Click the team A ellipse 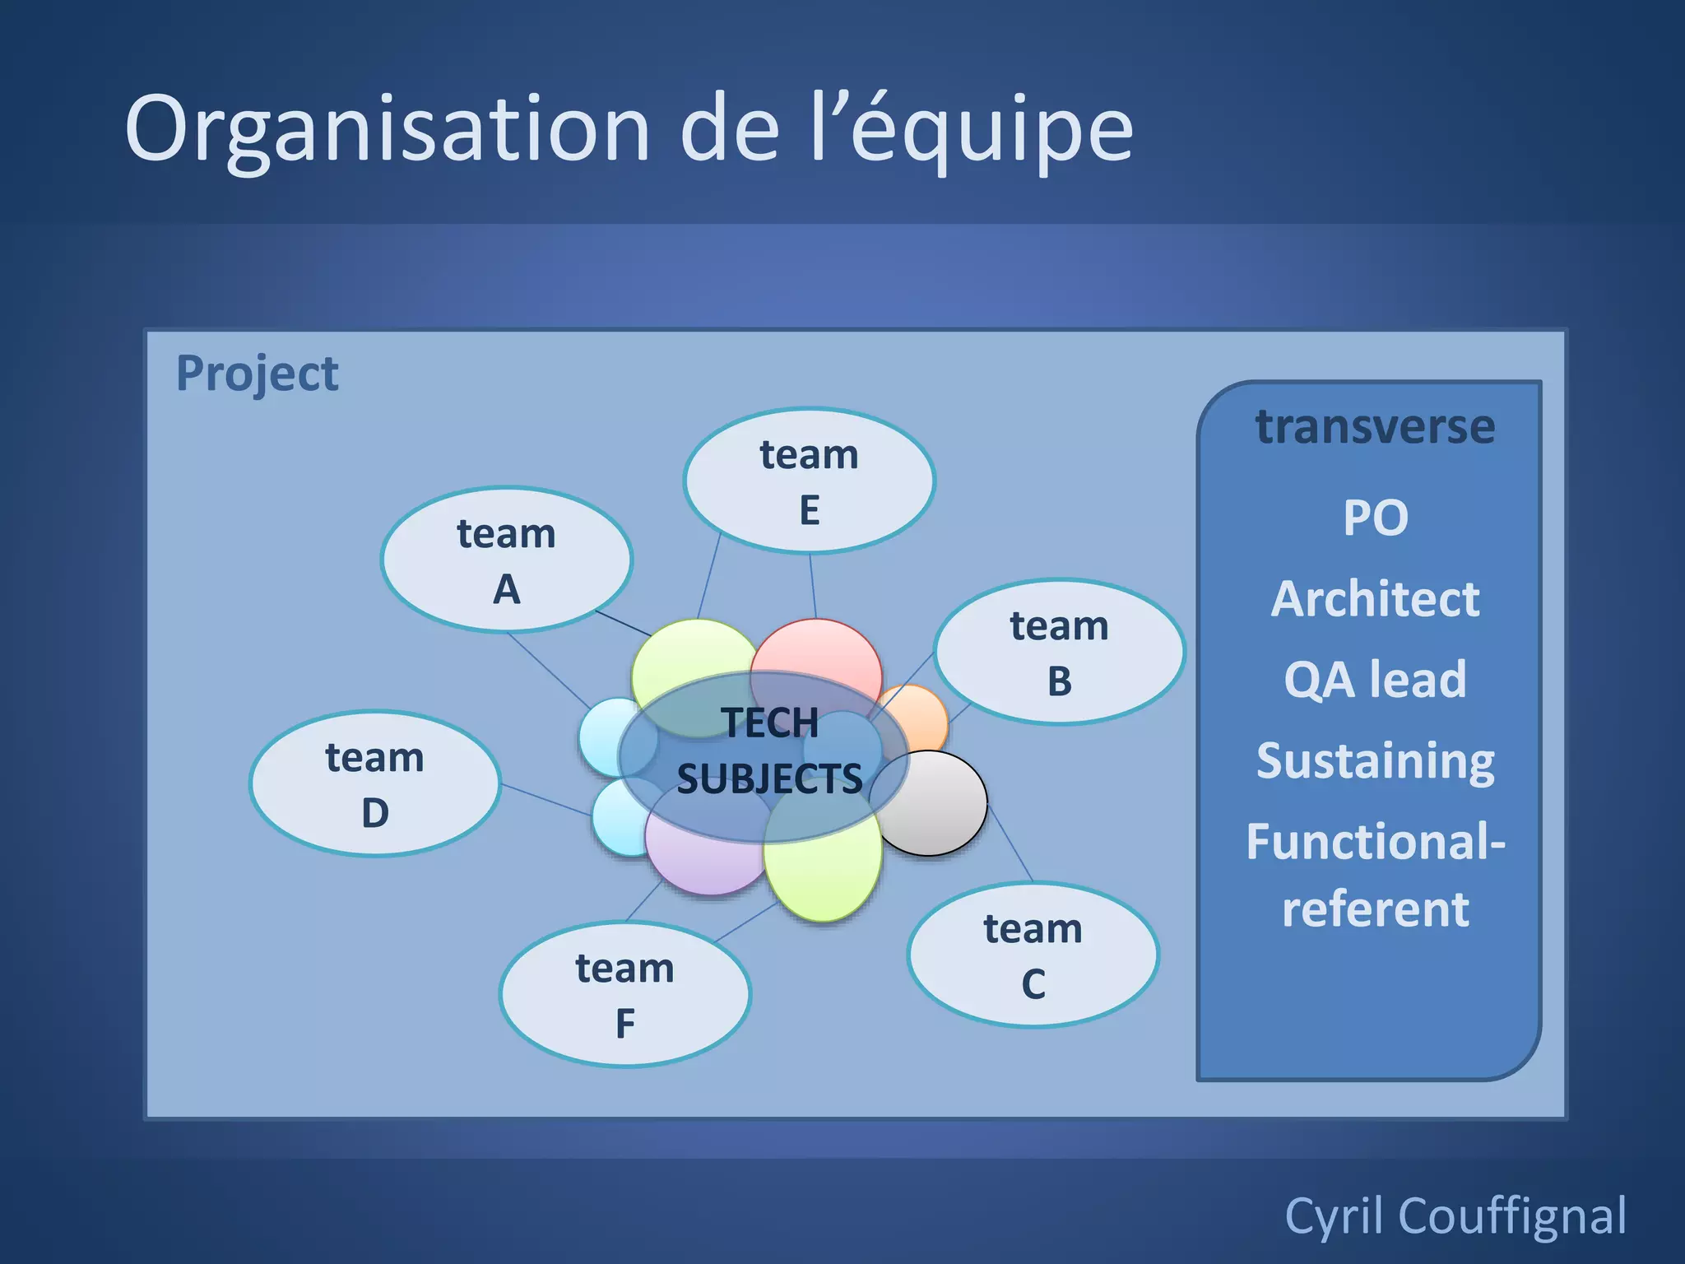pyautogui.click(x=506, y=560)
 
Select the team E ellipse pyautogui.click(x=809, y=481)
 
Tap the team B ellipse pyautogui.click(x=1059, y=652)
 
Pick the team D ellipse pyautogui.click(x=374, y=783)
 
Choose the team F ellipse pyautogui.click(x=624, y=994)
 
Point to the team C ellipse pyautogui.click(x=1033, y=955)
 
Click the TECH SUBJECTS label pyautogui.click(x=769, y=750)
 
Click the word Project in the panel pyautogui.click(x=257, y=374)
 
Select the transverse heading pyautogui.click(x=1375, y=426)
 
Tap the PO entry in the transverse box pyautogui.click(x=1376, y=518)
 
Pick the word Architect pyautogui.click(x=1375, y=598)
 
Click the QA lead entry pyautogui.click(x=1375, y=680)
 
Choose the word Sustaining pyautogui.click(x=1375, y=761)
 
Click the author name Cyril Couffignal pyautogui.click(x=1455, y=1215)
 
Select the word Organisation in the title pyautogui.click(x=387, y=129)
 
